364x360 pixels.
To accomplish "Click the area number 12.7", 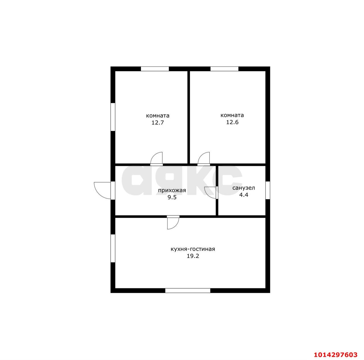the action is click(158, 123).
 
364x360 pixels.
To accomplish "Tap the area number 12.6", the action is click(232, 122).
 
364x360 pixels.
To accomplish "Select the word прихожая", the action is click(172, 191).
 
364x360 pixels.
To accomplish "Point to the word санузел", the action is click(244, 188).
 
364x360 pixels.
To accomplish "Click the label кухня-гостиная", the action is click(193, 249).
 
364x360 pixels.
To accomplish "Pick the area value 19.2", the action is click(193, 256).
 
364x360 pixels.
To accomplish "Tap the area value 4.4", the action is click(244, 195).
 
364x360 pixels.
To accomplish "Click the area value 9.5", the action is click(172, 197).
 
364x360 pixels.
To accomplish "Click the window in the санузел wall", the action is click(268, 190).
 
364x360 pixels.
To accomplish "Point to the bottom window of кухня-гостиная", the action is click(188, 290).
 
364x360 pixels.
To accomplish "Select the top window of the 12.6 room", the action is click(224, 69).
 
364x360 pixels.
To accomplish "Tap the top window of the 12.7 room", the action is click(155, 69).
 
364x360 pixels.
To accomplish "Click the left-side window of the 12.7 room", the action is click(113, 117).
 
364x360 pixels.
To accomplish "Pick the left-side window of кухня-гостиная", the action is click(113, 248).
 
